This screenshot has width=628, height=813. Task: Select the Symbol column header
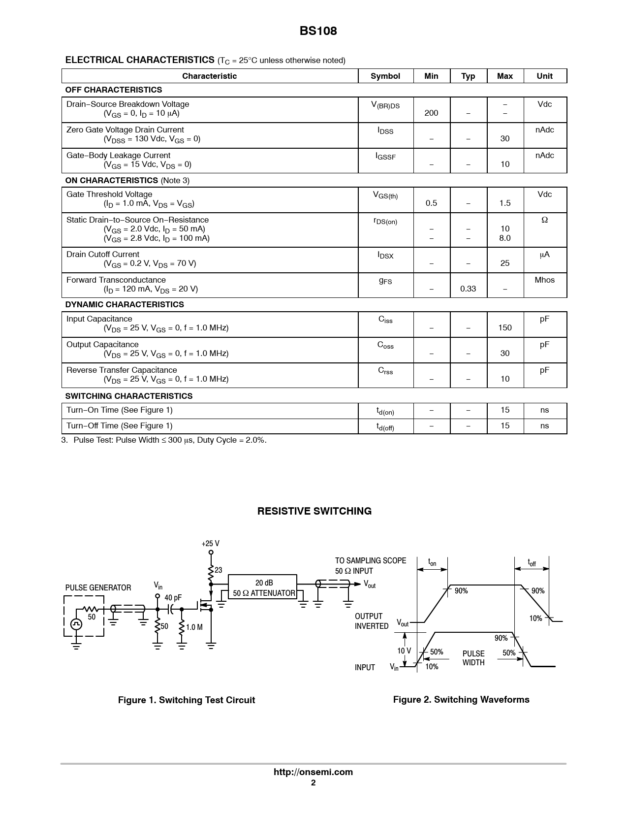(385, 76)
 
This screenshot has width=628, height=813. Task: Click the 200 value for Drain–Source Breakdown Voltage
(431, 113)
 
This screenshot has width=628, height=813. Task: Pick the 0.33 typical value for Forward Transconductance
(468, 289)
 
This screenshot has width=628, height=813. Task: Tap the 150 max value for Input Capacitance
(504, 328)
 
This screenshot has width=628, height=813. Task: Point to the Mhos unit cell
(544, 280)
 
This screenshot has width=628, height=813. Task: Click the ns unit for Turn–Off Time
(544, 426)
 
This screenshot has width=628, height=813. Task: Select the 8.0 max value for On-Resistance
(504, 238)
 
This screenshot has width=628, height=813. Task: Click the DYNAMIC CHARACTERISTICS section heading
(125, 305)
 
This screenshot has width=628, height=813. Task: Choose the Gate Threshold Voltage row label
(109, 195)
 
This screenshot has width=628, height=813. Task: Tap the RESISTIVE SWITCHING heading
(314, 511)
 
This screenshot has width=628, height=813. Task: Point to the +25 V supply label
(210, 544)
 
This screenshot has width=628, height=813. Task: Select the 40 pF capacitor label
(173, 598)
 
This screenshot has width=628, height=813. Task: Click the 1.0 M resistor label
(194, 627)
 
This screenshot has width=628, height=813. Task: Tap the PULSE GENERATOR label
(98, 588)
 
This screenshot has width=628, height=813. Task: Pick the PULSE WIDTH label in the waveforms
(473, 658)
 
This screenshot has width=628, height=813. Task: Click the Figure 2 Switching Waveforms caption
(461, 700)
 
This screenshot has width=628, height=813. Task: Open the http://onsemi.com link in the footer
(313, 772)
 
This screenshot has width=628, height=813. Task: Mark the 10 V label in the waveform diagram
(404, 651)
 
